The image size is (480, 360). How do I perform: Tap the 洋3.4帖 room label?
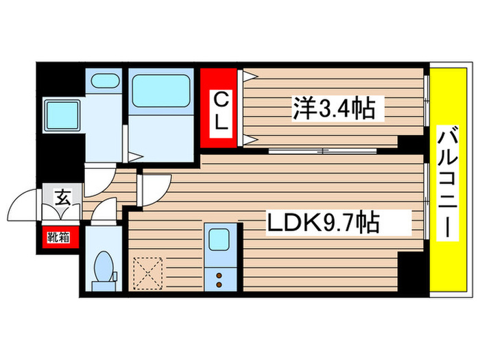coord(335,107)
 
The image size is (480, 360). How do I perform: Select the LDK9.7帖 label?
coord(322,224)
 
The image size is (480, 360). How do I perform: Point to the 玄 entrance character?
coord(62,200)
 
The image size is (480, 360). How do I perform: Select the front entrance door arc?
coord(26,206)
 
